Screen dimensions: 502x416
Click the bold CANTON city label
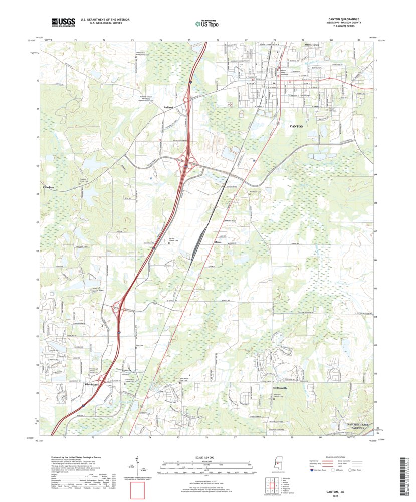pos(296,127)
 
